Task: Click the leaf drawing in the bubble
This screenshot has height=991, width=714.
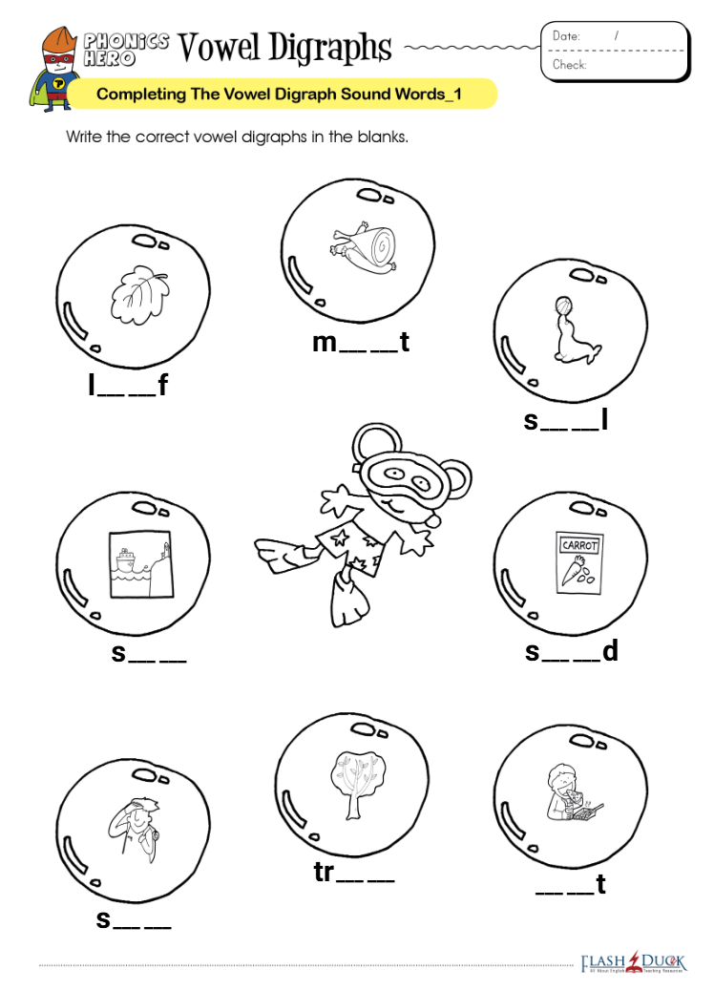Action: click(139, 294)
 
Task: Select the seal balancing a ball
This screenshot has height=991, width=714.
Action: click(575, 331)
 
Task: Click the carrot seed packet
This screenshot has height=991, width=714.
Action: click(579, 562)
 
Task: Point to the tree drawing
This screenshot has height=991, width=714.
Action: click(358, 785)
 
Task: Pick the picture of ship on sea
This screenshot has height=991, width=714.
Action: click(140, 563)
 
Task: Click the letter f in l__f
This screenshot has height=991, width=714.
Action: click(163, 384)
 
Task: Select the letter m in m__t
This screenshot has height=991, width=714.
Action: click(325, 343)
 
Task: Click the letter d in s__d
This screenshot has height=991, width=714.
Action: click(610, 650)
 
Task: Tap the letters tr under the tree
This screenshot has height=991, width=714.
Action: click(324, 873)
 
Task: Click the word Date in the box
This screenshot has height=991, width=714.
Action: click(566, 36)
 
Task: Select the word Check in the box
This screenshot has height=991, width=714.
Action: click(569, 65)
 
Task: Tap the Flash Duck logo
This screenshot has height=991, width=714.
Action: click(633, 962)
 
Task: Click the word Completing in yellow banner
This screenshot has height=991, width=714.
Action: click(141, 95)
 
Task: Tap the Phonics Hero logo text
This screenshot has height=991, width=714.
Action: click(126, 50)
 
